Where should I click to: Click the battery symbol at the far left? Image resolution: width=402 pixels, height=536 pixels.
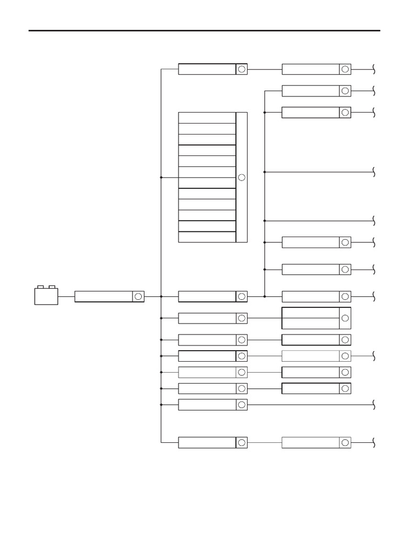(46, 297)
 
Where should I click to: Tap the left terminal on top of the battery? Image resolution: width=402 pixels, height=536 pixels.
(40, 287)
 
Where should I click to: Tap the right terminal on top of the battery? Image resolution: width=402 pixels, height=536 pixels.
(52, 287)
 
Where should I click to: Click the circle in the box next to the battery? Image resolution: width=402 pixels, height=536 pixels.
(138, 297)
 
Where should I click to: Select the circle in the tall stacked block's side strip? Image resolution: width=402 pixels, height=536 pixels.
(242, 177)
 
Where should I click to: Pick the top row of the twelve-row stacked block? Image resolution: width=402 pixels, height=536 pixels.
(207, 117)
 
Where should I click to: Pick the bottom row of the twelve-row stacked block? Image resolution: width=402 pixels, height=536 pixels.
(207, 237)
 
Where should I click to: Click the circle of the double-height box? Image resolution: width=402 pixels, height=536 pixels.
(345, 318)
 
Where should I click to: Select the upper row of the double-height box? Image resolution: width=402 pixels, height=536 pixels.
(310, 313)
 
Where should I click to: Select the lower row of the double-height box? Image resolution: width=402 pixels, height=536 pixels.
(310, 324)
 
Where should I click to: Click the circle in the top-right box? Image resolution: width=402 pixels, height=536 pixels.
(345, 69)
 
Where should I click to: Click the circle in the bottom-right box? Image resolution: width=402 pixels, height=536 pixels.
(345, 443)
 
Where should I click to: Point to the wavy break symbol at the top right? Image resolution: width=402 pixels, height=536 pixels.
(375, 69)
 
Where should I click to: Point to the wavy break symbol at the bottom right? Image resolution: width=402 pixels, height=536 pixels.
(375, 443)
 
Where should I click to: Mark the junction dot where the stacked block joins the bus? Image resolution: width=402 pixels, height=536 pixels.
(161, 177)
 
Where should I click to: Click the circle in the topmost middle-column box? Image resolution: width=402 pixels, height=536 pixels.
(242, 69)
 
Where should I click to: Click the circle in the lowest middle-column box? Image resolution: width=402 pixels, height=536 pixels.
(242, 443)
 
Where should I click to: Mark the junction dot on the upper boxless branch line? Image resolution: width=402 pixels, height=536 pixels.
(265, 172)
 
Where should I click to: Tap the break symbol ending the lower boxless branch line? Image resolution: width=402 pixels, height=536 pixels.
(375, 220)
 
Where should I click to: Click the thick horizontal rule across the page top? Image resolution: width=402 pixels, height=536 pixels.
(204, 31)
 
